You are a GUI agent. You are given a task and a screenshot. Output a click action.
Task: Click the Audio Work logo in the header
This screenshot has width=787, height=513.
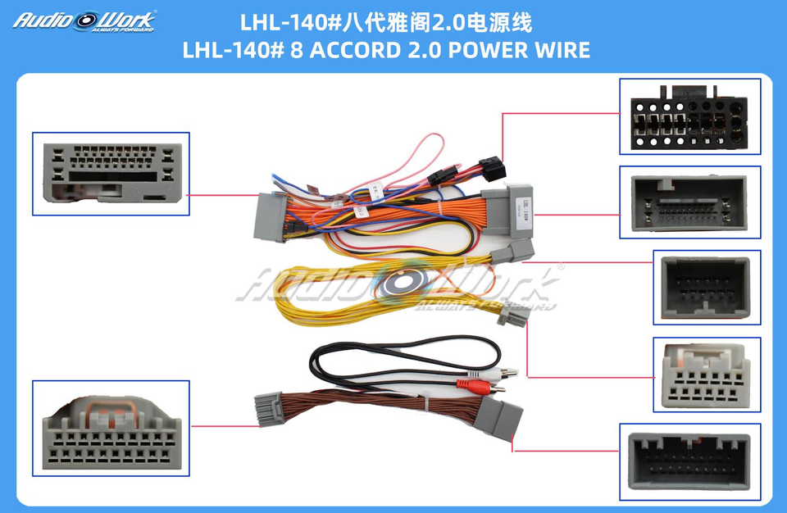point(84,20)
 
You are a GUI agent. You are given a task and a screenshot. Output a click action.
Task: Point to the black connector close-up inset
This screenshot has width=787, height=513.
point(689,116)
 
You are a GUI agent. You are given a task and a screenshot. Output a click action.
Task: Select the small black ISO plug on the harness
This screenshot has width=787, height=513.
point(492,170)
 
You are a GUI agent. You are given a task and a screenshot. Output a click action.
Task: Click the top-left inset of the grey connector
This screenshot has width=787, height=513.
point(111,174)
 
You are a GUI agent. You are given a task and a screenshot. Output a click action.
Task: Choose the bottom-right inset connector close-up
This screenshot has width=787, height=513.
point(689,461)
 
